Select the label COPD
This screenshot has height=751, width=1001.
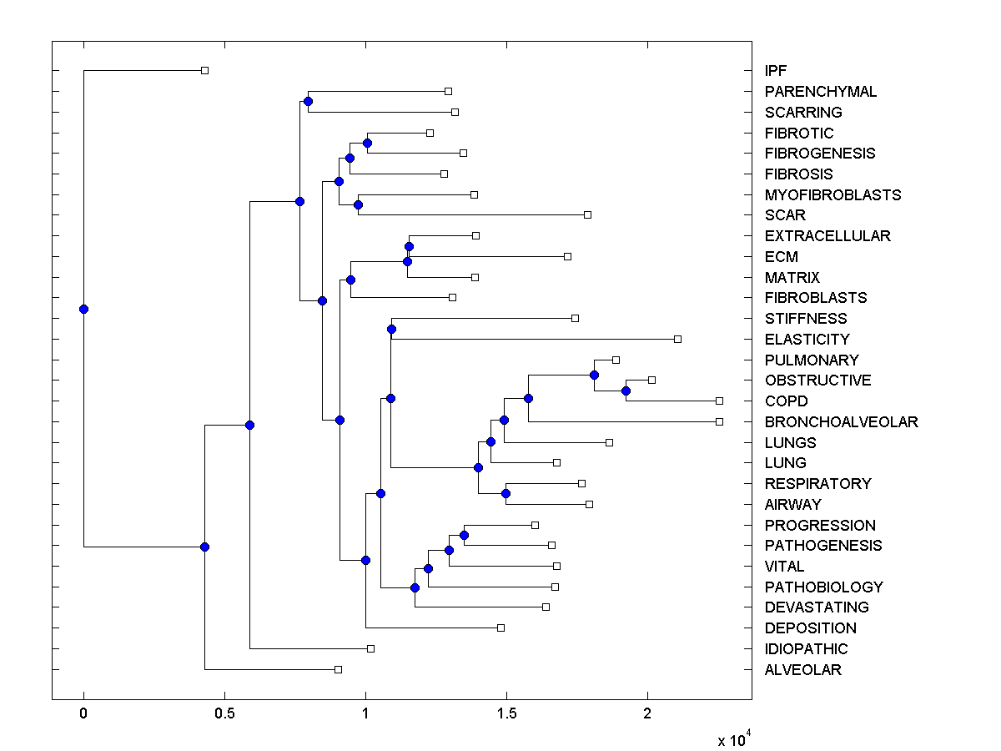point(786,401)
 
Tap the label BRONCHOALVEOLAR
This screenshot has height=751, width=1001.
point(841,422)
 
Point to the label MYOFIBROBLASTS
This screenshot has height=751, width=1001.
point(832,195)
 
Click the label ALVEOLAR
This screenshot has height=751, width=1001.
point(802,670)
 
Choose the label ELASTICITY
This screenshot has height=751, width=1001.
point(807,340)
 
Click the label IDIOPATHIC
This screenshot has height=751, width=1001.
point(806,649)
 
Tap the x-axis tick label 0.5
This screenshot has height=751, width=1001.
point(224,714)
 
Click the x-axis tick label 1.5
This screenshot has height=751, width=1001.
point(506,714)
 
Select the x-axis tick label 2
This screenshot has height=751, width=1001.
point(646,714)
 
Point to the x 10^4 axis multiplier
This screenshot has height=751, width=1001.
point(735,739)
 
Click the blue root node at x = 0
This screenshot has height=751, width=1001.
point(83,309)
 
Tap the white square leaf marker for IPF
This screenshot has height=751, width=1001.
point(204,70)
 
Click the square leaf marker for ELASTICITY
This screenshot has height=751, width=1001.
point(677,339)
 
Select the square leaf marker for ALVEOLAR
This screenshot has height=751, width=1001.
point(338,669)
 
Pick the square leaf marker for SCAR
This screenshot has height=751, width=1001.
point(587,214)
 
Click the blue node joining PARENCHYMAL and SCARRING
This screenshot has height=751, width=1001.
point(308,101)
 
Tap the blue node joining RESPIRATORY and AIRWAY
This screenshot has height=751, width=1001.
point(506,493)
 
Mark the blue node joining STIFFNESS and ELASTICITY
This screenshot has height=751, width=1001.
point(391,329)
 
